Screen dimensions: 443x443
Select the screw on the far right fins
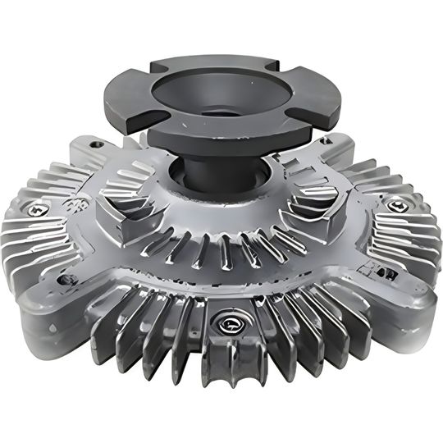coord(398,205)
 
